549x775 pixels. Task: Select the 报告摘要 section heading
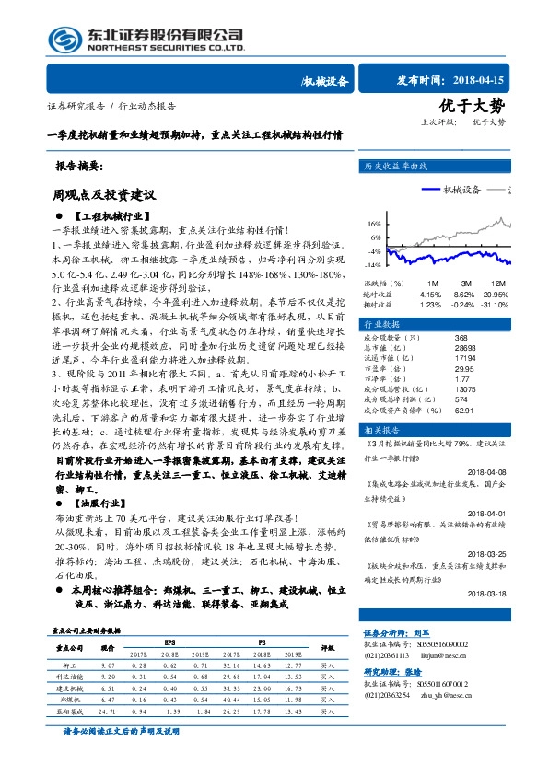80,168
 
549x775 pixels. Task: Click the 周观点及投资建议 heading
103,196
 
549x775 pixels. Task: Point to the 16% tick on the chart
374,224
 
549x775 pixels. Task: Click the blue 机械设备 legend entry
450,189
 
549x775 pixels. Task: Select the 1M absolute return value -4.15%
430,293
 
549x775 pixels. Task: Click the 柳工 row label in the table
69,663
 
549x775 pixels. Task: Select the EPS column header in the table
170,641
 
